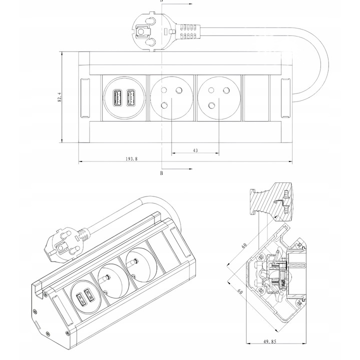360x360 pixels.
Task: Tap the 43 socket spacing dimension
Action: (x=195, y=150)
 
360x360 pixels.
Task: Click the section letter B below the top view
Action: (x=161, y=173)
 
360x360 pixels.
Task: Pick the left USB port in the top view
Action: (x=118, y=97)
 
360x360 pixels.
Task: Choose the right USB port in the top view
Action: (x=131, y=97)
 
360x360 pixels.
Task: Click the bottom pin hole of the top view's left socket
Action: (x=165, y=105)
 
